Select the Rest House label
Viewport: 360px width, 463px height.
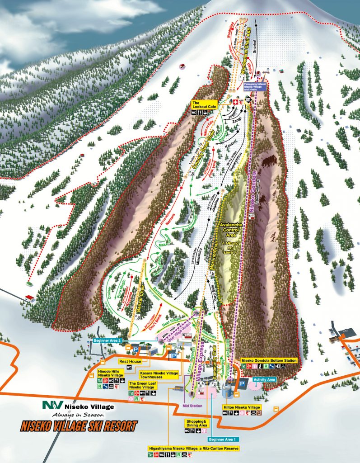click(x=130, y=361)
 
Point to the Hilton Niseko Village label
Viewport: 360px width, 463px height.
click(x=242, y=407)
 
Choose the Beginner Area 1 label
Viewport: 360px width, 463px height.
click(x=223, y=439)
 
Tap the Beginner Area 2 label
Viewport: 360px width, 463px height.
click(x=107, y=340)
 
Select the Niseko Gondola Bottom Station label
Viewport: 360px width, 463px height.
click(x=269, y=360)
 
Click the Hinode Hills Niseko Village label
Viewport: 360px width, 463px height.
click(x=110, y=373)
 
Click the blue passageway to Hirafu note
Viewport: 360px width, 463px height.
click(x=256, y=86)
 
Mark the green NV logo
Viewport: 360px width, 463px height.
click(x=51, y=406)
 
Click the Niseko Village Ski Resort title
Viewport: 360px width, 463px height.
click(x=79, y=426)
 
